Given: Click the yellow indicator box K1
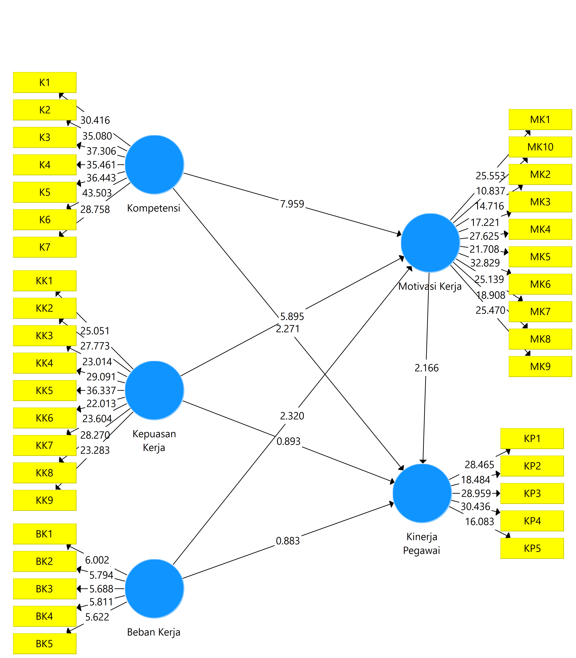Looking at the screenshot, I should point(45,83).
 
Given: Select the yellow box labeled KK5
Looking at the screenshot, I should point(45,390).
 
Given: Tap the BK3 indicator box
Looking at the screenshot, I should point(45,589).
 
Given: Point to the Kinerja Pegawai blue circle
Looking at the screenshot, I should point(422,493).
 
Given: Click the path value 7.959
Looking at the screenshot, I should point(292,204).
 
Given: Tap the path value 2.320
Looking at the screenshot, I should point(292,416).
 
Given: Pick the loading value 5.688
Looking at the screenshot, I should point(101,589).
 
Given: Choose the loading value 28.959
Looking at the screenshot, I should point(476,493).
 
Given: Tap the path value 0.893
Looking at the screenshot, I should point(288,441).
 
